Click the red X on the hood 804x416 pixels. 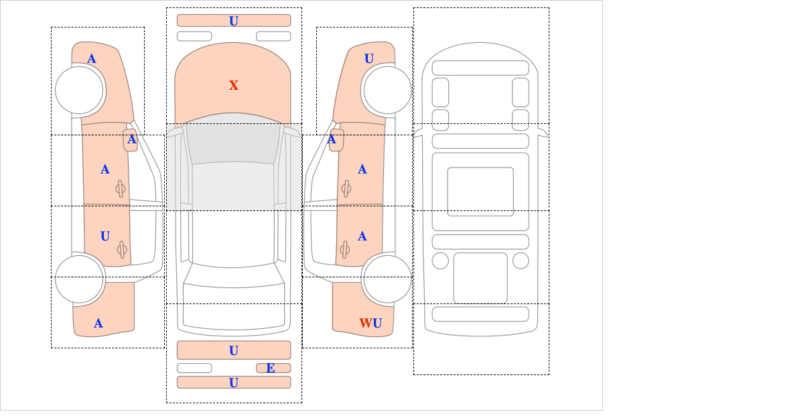pos(234,86)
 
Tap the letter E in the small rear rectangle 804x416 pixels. pos(271,368)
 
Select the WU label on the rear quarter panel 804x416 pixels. pos(371,324)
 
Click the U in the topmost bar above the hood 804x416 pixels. pos(234,21)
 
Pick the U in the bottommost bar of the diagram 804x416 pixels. pos(234,383)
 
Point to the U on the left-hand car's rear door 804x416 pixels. pos(105,236)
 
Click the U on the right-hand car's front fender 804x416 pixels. pos(369,58)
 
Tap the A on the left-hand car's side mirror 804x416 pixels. pos(132,139)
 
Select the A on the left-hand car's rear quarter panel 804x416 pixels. pos(98,324)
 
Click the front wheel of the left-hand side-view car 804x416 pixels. pos(80,90)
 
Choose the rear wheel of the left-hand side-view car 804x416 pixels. pos(80,279)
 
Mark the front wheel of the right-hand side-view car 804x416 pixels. pos(387,90)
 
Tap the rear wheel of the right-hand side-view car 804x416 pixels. pos(387,279)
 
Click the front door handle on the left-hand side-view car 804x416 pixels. pos(121,188)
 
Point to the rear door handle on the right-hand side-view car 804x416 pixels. pos(345,249)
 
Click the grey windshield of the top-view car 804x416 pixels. pos(232,142)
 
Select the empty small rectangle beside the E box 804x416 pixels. pos(194,368)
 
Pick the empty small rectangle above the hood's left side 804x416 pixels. pos(194,36)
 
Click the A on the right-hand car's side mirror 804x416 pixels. pos(332,139)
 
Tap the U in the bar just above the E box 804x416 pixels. pos(234,350)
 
